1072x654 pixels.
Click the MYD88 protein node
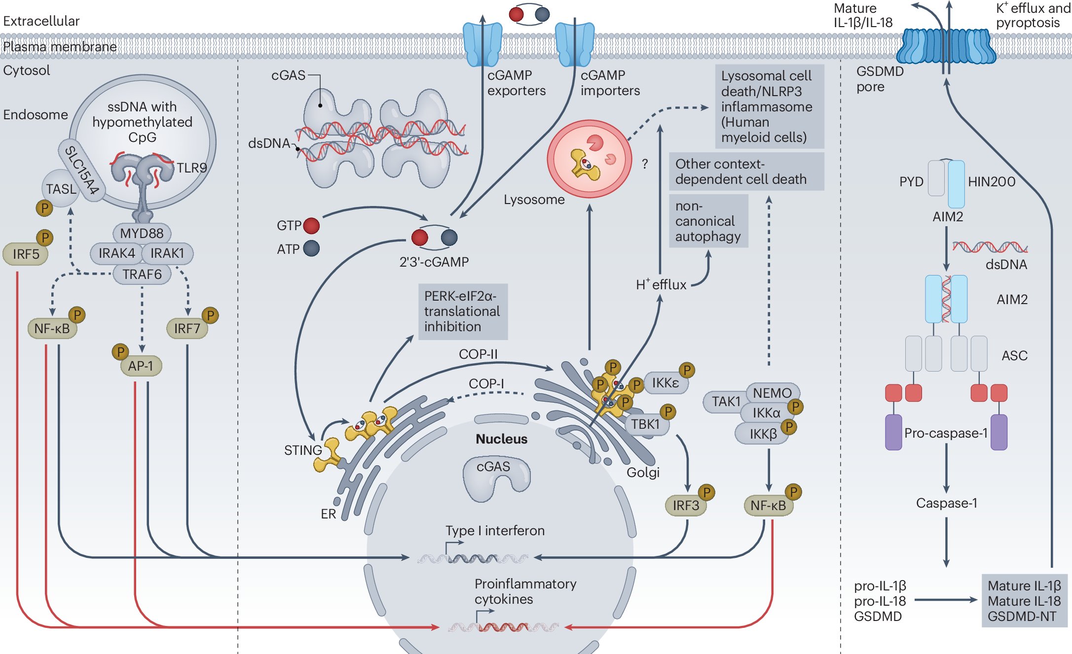[142, 233]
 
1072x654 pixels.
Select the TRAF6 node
[142, 274]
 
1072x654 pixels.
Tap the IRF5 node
[26, 254]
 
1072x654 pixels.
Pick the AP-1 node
[141, 366]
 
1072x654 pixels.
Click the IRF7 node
[187, 329]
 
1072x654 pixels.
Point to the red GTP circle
[311, 226]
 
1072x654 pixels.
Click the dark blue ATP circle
[311, 248]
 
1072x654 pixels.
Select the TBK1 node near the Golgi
[646, 424]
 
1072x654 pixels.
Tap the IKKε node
[665, 383]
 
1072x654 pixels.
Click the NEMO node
[772, 393]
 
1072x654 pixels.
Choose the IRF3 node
[686, 506]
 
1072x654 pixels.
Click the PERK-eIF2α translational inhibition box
[462, 311]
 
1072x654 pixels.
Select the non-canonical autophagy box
[708, 221]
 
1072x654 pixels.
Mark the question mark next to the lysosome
[645, 164]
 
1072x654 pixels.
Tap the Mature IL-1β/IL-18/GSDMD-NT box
[1024, 601]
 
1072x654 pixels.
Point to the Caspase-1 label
[946, 503]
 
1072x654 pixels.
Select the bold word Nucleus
[501, 439]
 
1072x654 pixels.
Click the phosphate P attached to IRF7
[210, 315]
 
